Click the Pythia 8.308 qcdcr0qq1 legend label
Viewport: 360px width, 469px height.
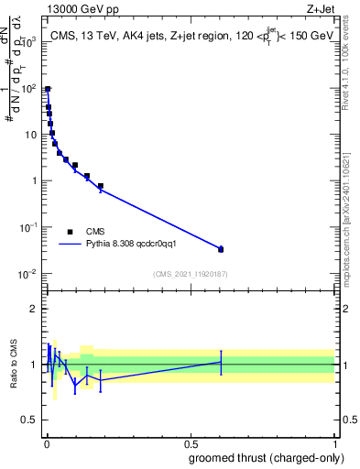pyautogui.click(x=137, y=245)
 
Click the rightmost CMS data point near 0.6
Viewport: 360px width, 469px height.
pyautogui.click(x=221, y=249)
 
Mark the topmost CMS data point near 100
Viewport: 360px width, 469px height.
pyautogui.click(x=48, y=90)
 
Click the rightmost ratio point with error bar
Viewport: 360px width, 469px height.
pyautogui.click(x=221, y=363)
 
